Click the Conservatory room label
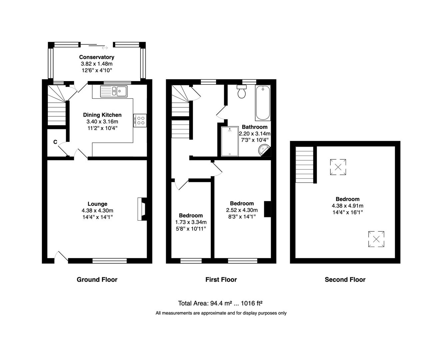(97, 57)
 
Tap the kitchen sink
(114, 91)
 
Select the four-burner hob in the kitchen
(140, 120)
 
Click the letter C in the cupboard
(55, 142)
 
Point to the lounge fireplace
(142, 209)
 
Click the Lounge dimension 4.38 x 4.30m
(97, 211)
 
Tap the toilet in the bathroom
(241, 91)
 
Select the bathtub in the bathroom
(263, 103)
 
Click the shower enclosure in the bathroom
(230, 141)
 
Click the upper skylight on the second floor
(338, 167)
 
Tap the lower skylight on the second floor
(376, 239)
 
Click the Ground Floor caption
(97, 280)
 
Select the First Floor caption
(221, 280)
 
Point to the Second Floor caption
(345, 280)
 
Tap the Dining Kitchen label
(102, 115)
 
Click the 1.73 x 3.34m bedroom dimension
(191, 222)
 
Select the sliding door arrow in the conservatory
(105, 48)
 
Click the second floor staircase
(304, 165)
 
